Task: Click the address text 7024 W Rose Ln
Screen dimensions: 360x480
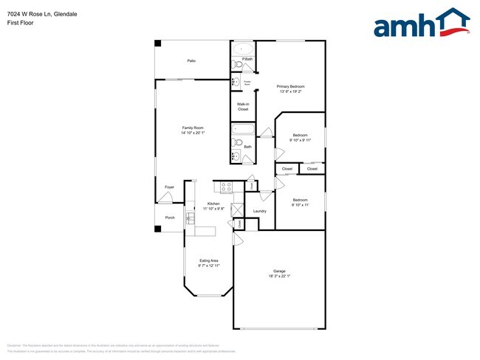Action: (30, 13)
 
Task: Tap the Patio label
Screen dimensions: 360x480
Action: (191, 60)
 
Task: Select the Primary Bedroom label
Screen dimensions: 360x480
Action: (291, 86)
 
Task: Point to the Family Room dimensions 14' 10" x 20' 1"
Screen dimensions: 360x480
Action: (193, 134)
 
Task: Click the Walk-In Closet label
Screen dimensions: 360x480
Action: (243, 106)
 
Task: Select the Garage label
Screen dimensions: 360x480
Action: (279, 271)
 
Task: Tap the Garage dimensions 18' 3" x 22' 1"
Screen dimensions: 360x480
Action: (279, 277)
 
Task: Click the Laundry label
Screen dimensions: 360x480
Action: (259, 212)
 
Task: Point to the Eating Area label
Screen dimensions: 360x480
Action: (209, 260)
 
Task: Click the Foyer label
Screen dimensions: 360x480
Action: (169, 187)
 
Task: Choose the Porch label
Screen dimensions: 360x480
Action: (170, 218)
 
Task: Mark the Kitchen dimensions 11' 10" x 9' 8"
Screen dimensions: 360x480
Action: (214, 209)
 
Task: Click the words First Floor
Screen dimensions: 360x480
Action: (20, 23)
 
